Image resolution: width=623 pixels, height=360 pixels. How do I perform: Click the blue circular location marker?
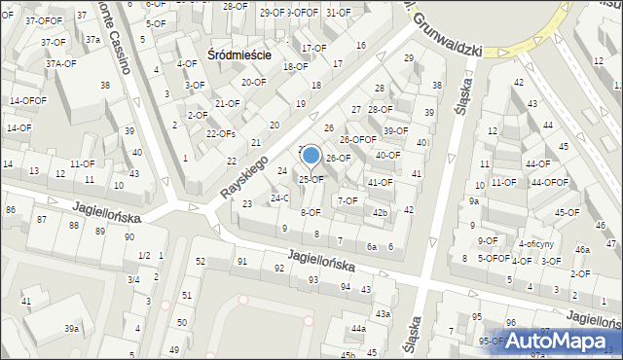pos(311,155)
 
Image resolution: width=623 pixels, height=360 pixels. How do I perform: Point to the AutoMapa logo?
pos(563,342)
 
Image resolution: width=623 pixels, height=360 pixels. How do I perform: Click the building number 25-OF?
pos(311,179)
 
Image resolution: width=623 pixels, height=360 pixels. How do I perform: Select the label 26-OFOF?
pos(357,139)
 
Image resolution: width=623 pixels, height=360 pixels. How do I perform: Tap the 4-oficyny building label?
pos(535,244)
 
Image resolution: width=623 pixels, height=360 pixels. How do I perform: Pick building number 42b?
pos(380,213)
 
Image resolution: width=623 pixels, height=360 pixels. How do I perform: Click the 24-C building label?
pos(279,198)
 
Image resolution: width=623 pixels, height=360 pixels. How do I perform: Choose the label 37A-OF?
pos(60,63)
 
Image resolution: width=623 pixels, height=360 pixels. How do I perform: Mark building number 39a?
pos(72,329)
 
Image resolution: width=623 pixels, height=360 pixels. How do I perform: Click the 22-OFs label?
pos(221,133)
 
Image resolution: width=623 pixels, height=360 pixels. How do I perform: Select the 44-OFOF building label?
pos(548,182)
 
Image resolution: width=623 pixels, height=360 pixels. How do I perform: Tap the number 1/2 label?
pos(144,255)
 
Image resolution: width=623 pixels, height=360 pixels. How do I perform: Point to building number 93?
pos(312,279)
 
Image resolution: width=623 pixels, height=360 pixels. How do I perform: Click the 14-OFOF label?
pos(27,100)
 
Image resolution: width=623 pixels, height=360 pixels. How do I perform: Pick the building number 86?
pos(11,209)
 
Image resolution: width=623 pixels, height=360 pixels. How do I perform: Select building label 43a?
pos(383,313)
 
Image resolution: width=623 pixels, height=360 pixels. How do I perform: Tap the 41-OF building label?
pos(380,182)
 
